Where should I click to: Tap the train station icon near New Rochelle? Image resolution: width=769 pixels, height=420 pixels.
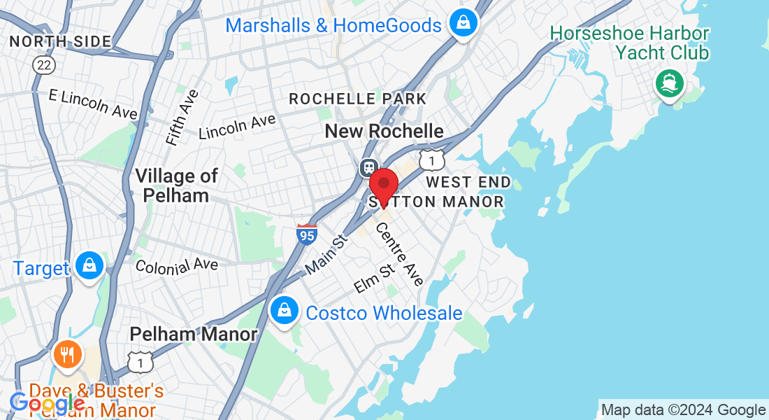[x=368, y=168]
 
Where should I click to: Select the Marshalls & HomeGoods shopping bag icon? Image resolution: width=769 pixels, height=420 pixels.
[x=463, y=24]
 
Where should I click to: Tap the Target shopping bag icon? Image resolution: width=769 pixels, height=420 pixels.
[x=90, y=267]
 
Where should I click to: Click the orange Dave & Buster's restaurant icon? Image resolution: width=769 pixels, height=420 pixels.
[x=67, y=354]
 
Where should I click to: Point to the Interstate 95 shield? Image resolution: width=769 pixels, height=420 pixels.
[x=307, y=234]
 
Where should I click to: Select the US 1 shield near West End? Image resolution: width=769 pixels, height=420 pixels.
[x=432, y=160]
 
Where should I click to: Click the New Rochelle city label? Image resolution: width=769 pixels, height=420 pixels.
[x=384, y=131]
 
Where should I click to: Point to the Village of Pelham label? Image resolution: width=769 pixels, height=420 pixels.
[x=176, y=185]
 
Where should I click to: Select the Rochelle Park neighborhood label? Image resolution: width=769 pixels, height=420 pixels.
[x=357, y=99]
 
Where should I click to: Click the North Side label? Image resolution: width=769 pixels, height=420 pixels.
[x=60, y=41]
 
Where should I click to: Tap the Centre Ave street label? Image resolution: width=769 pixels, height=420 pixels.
[x=400, y=253]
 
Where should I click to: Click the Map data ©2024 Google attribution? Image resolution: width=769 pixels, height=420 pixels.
[x=683, y=410]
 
